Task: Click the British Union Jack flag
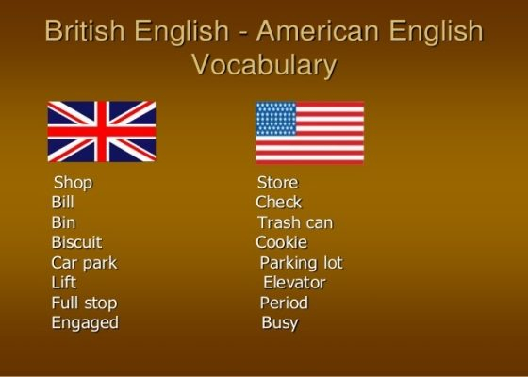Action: pos(102,131)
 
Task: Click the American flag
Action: pos(310,133)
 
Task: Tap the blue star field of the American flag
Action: pos(276,119)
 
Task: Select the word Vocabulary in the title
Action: pos(264,65)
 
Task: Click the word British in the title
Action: pos(85,30)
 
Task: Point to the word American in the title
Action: pos(319,30)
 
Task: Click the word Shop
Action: pos(73,183)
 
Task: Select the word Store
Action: pos(277,183)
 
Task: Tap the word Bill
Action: pos(62,203)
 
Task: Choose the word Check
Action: pos(278,203)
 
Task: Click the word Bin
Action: pos(63,222)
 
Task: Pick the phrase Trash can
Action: pos(295,222)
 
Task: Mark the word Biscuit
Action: pos(76,242)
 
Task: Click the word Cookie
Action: pos(282,242)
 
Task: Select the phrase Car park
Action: pos(84,263)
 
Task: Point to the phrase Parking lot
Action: pos(302,263)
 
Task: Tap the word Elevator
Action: pos(294,283)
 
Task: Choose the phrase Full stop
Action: pos(84,303)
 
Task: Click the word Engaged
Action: pos(85,323)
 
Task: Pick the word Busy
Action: pos(280,323)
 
